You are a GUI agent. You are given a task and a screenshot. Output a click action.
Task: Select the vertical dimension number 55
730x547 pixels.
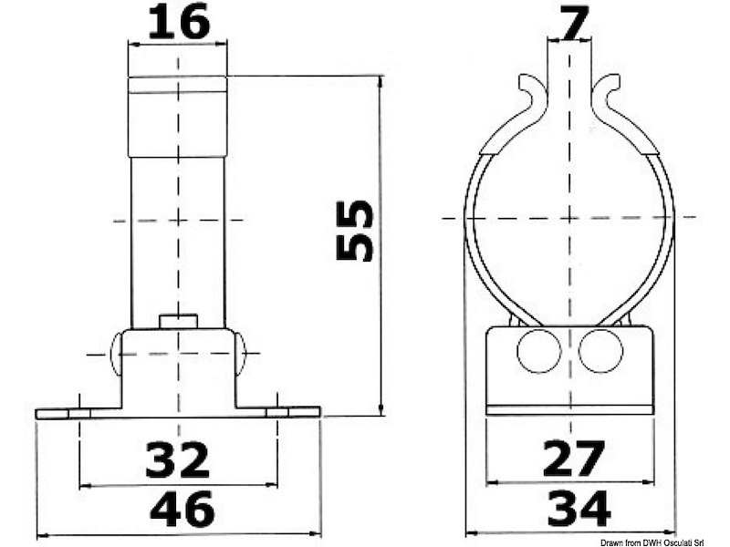pyautogui.click(x=355, y=231)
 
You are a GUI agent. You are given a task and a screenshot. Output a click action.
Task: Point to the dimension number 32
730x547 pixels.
pyautogui.click(x=177, y=459)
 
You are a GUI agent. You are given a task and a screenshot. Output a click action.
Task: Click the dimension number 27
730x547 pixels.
pyautogui.click(x=573, y=459)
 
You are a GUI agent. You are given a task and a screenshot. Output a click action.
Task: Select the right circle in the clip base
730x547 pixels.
pyautogui.click(x=600, y=351)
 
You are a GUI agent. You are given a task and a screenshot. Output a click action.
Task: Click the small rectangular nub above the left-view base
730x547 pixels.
pyautogui.click(x=178, y=321)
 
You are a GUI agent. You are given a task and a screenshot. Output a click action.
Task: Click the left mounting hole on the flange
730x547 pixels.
pyautogui.click(x=80, y=413)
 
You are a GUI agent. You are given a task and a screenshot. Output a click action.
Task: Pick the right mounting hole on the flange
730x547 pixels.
pyautogui.click(x=276, y=413)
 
